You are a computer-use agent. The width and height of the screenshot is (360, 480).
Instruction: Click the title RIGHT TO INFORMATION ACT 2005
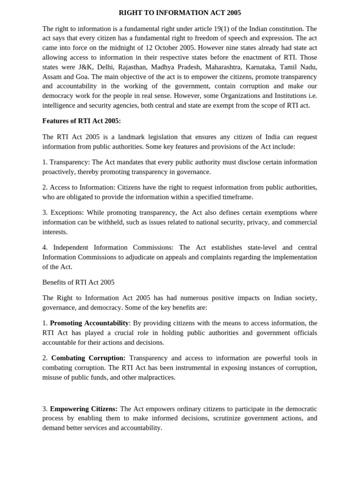[180, 13]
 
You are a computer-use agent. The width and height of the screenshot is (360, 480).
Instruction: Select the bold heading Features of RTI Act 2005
[82, 121]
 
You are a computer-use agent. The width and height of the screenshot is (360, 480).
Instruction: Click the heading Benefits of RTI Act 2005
[78, 282]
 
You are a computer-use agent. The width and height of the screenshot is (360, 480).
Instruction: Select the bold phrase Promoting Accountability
[89, 323]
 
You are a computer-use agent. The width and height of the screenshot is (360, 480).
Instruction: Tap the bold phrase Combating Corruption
[88, 358]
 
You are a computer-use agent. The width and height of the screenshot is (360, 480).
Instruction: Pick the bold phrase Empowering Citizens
[83, 409]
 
